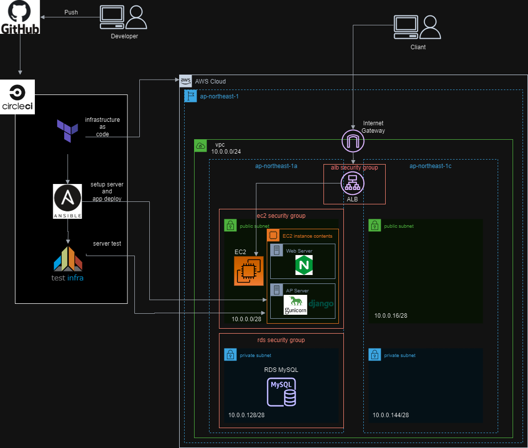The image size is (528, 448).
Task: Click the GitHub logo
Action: [x=20, y=17]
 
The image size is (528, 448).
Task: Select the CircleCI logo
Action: [x=17, y=97]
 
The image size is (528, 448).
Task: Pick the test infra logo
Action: [x=67, y=264]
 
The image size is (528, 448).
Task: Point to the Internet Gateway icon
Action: [x=353, y=141]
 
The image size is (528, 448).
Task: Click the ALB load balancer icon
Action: [x=352, y=183]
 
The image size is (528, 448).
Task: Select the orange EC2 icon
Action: [x=248, y=271]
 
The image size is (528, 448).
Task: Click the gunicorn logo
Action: [x=296, y=305]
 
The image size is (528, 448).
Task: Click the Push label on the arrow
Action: [x=71, y=12]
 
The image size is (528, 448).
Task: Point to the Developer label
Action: [x=124, y=36]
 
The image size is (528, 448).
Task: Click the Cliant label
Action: [x=418, y=47]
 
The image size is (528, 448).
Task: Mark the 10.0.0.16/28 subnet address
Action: [x=391, y=316]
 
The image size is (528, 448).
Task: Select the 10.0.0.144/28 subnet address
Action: [x=391, y=415]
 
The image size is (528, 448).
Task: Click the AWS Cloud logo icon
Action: [x=186, y=81]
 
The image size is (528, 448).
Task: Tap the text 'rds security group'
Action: [x=281, y=340]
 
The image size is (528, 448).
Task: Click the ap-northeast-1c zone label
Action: [x=430, y=166]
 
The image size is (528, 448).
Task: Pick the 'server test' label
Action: [x=107, y=244]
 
